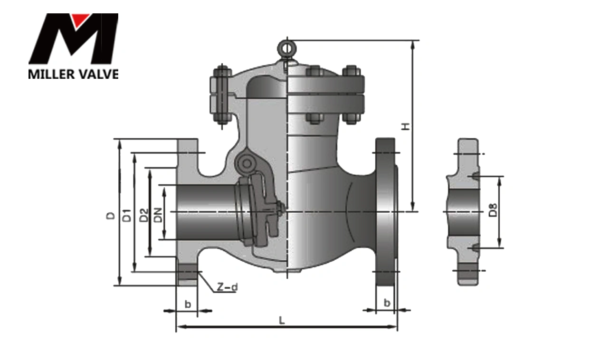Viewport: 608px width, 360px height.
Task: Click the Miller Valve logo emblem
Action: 74,39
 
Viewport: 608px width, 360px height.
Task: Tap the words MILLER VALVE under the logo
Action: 74,74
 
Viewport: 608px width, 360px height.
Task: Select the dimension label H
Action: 405,126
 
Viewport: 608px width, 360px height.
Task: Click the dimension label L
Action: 282,321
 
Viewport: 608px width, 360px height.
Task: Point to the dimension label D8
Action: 493,210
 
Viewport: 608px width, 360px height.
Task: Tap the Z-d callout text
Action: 226,287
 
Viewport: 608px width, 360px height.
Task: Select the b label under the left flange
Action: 188,304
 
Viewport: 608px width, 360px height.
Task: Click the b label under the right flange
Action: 387,303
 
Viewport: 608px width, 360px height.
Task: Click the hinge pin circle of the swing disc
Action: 246,164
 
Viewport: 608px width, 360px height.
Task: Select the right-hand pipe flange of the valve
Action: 385,211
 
